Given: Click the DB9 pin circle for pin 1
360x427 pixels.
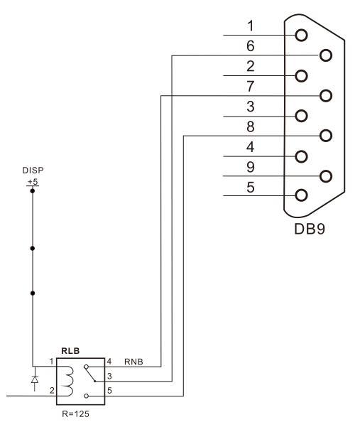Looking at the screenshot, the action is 301,36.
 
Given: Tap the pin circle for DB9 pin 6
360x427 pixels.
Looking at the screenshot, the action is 326,55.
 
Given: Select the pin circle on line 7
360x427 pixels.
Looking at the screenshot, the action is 326,96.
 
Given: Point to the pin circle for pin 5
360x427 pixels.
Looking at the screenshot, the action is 301,195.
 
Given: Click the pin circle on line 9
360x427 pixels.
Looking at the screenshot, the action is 326,176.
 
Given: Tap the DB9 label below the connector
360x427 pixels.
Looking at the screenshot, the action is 310,229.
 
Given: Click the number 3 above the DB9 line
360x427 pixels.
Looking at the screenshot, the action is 251,107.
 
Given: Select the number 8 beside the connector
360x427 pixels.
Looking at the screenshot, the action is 251,127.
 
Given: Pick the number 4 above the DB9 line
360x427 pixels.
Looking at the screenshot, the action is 251,147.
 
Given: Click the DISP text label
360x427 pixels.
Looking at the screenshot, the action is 33,171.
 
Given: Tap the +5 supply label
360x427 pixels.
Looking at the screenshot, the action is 33,182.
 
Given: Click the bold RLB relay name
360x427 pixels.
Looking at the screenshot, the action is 70,351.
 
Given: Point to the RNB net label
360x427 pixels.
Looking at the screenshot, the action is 133,362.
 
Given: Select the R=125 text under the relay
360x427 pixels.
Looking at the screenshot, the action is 75,414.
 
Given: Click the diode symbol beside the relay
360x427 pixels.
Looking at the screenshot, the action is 35,379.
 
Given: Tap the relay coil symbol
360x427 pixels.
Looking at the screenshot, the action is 68,381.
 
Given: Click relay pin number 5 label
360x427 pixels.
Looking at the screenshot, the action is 109,391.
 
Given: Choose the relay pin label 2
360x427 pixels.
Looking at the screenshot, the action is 52,391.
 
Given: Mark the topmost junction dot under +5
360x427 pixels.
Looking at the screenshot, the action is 33,191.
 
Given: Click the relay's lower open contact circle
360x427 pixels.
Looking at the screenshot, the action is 86,396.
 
